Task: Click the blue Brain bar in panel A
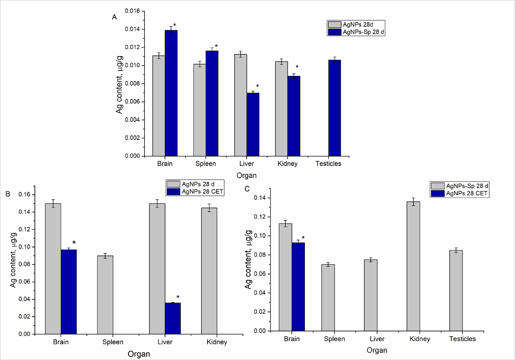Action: click(x=171, y=93)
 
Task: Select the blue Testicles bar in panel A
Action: click(x=334, y=108)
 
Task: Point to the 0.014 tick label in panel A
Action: click(x=132, y=29)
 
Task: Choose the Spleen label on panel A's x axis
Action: click(x=206, y=164)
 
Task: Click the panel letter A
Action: click(x=114, y=17)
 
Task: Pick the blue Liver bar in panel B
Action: click(x=173, y=318)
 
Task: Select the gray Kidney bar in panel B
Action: click(x=209, y=271)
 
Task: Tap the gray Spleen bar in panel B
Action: click(x=105, y=295)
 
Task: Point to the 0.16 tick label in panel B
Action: click(x=24, y=194)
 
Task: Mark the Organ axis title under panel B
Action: click(x=139, y=354)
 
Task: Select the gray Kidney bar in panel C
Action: click(x=413, y=266)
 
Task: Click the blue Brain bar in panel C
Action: click(x=298, y=287)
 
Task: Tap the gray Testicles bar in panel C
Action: click(x=456, y=291)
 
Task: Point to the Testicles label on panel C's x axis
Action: click(x=462, y=339)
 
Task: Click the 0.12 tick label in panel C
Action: click(x=260, y=217)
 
